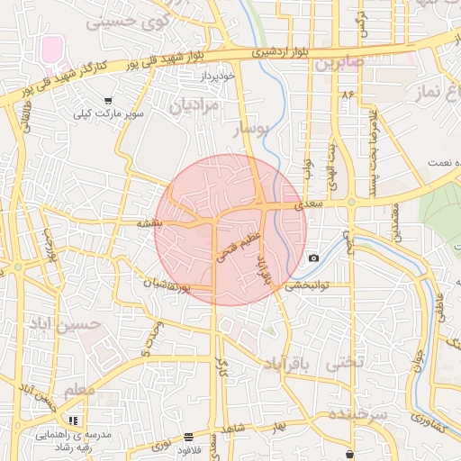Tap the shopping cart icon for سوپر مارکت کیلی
click(x=108, y=101)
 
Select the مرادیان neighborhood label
click(x=194, y=105)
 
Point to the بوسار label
click(x=251, y=131)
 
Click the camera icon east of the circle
click(x=313, y=258)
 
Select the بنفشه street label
click(x=149, y=221)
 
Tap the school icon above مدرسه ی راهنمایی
click(x=73, y=420)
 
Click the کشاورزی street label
click(x=426, y=422)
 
